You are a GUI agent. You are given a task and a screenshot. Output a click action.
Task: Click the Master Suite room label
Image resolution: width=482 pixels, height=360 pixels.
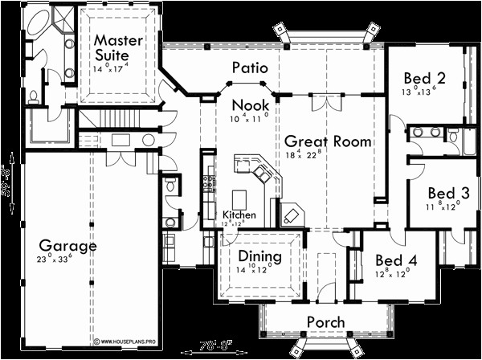point(118,47)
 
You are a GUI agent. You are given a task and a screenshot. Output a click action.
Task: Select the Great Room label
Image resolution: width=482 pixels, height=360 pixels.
point(328,141)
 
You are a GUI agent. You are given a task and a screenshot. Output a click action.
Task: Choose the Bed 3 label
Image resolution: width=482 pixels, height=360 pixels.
point(443,194)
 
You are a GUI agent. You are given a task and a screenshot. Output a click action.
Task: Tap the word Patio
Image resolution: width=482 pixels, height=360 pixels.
point(251,68)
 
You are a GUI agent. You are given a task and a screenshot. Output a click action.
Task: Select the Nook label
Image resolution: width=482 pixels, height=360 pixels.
point(250,105)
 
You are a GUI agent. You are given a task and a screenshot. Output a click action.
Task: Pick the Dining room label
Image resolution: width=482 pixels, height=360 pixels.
point(259,256)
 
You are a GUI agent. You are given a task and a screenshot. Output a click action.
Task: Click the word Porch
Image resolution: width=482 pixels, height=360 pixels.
point(325,321)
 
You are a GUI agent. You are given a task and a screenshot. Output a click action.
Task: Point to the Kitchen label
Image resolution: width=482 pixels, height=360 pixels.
point(239,215)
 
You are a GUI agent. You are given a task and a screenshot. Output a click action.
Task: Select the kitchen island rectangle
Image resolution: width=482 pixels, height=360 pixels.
point(239,198)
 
